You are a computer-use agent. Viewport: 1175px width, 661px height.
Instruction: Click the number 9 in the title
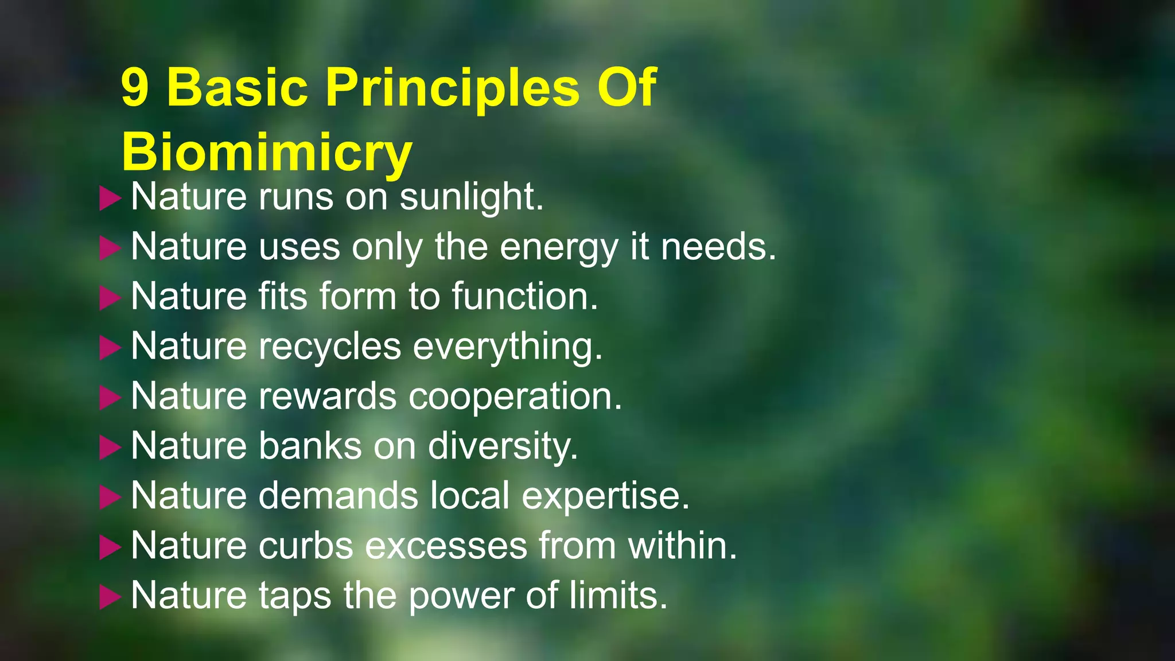click(x=135, y=88)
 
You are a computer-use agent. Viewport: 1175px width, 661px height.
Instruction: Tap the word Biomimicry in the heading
click(x=267, y=152)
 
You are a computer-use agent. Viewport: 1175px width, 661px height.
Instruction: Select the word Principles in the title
click(x=453, y=88)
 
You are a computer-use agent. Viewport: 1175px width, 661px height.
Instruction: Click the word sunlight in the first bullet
click(x=471, y=197)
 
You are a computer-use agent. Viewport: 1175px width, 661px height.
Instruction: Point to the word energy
click(x=559, y=247)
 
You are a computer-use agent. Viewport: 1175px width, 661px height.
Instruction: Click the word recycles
click(x=330, y=347)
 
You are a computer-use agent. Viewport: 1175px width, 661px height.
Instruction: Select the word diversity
click(x=503, y=446)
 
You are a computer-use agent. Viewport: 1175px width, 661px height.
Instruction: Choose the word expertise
click(x=605, y=496)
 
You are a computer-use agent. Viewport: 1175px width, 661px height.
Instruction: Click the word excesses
click(x=446, y=546)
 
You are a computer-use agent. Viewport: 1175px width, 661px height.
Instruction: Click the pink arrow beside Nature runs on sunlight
click(x=110, y=199)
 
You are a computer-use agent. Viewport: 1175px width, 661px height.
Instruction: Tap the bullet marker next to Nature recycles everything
click(x=110, y=348)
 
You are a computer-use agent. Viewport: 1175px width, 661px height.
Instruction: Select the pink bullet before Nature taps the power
click(x=110, y=597)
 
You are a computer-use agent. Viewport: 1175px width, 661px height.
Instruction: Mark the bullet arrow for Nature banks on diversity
click(x=110, y=448)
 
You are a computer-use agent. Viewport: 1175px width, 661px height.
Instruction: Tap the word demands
click(x=338, y=496)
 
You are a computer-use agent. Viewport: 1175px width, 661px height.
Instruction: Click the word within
click(x=682, y=546)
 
